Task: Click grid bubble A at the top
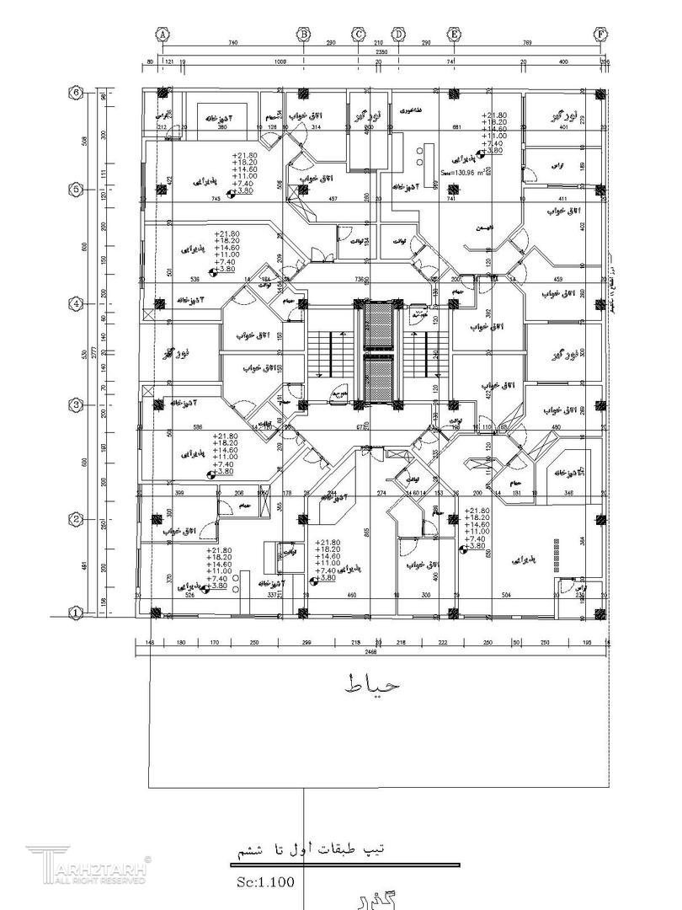(162, 34)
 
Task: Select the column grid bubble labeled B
(303, 34)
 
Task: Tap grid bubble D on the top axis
(398, 34)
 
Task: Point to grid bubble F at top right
(601, 34)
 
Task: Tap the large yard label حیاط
(370, 684)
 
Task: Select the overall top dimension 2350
(381, 52)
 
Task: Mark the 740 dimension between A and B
(233, 42)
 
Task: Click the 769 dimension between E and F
(527, 42)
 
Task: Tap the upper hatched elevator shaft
(378, 324)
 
